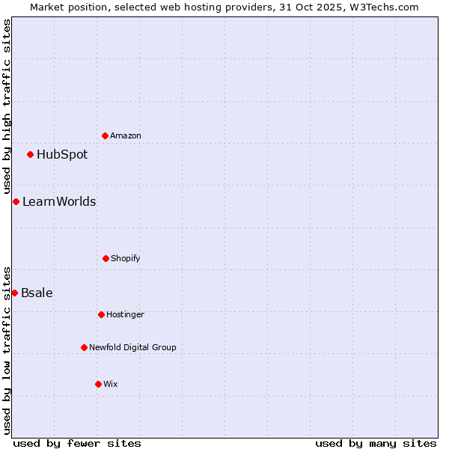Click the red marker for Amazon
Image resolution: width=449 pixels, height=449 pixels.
(x=105, y=135)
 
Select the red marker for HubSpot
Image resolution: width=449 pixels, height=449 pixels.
(x=30, y=155)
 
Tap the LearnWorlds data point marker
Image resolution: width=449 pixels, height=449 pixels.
(x=16, y=201)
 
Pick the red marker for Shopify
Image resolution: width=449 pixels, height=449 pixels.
(x=106, y=258)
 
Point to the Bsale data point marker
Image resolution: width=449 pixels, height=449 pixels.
(x=14, y=293)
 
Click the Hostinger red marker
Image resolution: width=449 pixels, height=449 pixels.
(x=101, y=314)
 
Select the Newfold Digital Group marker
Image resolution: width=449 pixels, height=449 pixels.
(x=84, y=347)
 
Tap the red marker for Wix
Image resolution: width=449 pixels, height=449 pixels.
(x=98, y=384)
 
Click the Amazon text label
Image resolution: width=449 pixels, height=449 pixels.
(x=126, y=135)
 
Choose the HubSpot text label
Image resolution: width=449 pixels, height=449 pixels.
(x=62, y=155)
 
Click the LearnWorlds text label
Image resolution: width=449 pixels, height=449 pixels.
(x=59, y=201)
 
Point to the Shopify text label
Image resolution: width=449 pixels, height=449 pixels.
(x=126, y=258)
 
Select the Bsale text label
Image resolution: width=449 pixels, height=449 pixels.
(x=37, y=293)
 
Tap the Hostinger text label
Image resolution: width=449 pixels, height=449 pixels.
(x=125, y=314)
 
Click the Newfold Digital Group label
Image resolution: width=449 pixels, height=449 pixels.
(x=132, y=347)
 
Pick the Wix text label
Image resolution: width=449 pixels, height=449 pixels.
(x=111, y=384)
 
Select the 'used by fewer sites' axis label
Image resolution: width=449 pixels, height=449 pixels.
(x=77, y=443)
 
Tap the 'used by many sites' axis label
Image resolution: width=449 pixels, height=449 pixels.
(x=376, y=443)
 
